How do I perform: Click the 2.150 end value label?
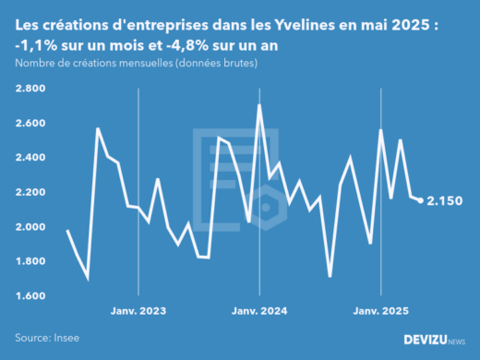[444, 200]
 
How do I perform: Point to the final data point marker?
[421, 200]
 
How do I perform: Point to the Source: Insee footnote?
[47, 337]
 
